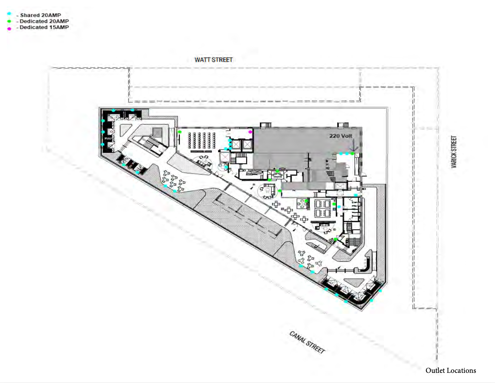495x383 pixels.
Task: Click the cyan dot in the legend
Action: click(9, 14)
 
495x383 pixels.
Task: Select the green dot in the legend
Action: click(9, 21)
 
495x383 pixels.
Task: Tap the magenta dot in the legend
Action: click(9, 29)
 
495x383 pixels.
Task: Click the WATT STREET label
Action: click(213, 60)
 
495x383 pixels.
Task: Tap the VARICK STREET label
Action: click(454, 152)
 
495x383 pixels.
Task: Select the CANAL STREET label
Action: click(307, 342)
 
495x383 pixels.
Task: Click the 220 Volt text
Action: click(341, 136)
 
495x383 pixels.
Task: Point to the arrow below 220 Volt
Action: click(353, 145)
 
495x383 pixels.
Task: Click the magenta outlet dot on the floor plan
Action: click(250, 132)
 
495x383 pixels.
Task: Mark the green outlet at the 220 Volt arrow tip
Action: click(352, 154)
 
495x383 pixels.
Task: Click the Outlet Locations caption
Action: click(451, 370)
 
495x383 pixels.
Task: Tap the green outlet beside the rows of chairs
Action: click(179, 132)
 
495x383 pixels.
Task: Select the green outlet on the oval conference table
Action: click(277, 171)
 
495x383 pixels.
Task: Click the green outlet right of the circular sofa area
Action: click(280, 191)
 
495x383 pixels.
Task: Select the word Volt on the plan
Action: click(347, 136)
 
